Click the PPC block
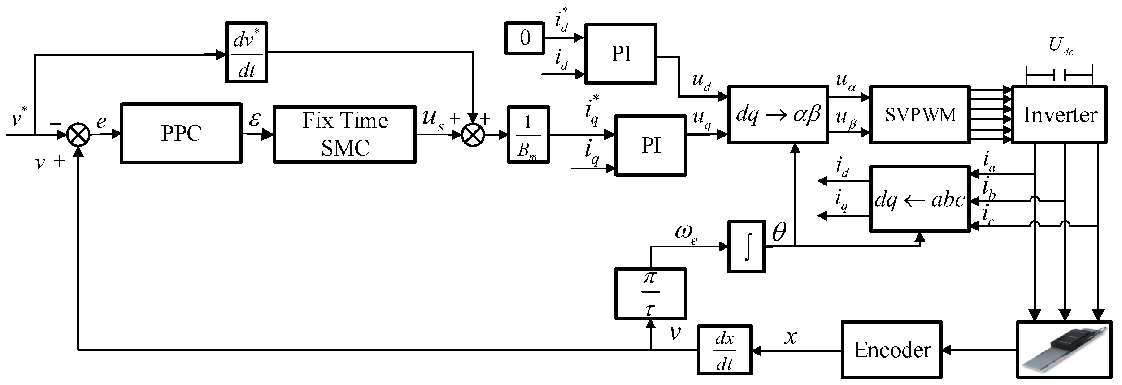[x=181, y=133]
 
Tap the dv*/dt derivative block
[x=247, y=53]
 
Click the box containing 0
[x=525, y=38]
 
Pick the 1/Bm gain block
[x=528, y=135]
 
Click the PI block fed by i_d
[x=621, y=53]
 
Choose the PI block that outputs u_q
[x=650, y=146]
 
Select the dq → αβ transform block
[x=778, y=114]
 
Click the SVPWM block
[x=920, y=114]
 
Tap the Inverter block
[x=1059, y=114]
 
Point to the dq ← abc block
[x=920, y=199]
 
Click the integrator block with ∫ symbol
[x=747, y=247]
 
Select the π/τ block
[x=650, y=294]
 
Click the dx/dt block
[x=725, y=350]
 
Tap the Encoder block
[x=892, y=350]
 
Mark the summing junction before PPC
[x=78, y=135]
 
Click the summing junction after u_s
[x=473, y=135]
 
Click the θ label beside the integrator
[x=779, y=232]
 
